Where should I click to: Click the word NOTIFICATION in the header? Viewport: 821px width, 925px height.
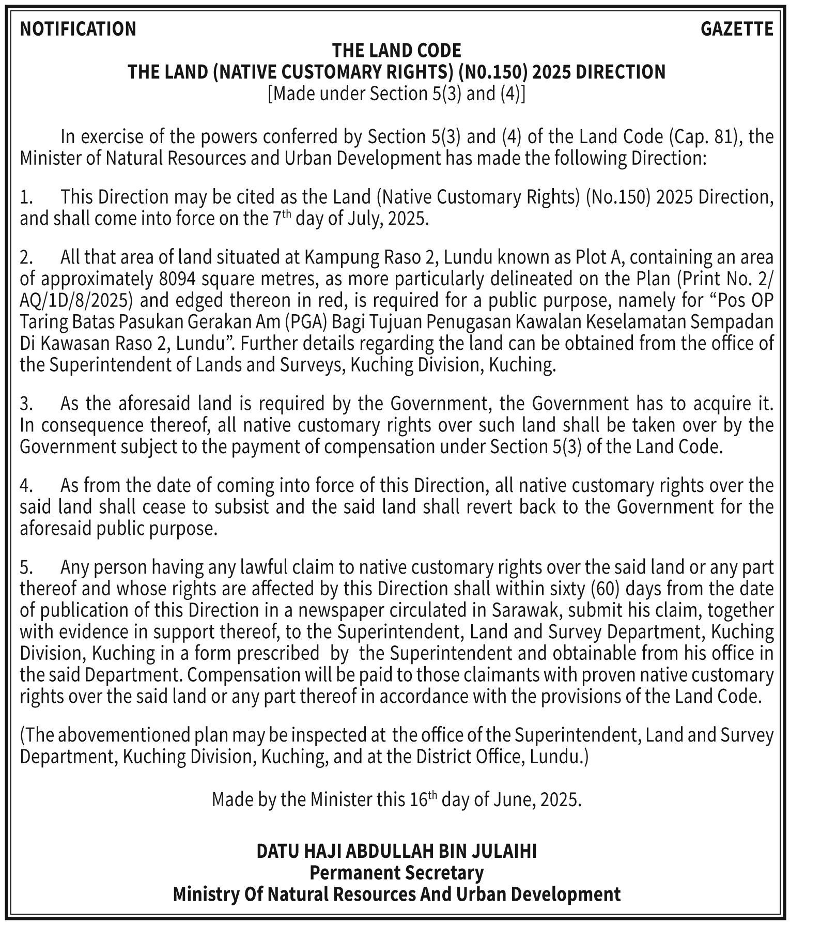[78, 29]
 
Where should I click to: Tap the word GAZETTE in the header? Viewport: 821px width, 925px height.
[736, 29]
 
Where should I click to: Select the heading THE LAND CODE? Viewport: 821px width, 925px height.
[396, 51]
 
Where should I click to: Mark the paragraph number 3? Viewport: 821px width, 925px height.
[26, 404]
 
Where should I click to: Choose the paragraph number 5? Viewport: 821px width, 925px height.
[26, 568]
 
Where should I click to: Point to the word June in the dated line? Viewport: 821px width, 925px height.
[513, 800]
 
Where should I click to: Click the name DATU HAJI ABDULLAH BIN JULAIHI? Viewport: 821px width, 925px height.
[396, 852]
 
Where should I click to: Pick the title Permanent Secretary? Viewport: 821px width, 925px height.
[396, 873]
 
